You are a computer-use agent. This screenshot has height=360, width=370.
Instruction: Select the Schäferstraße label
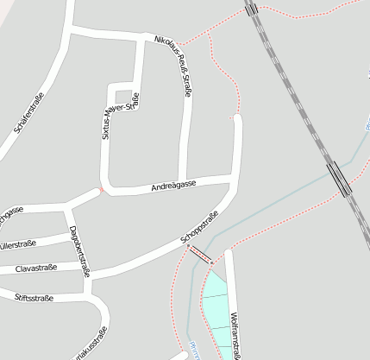29,120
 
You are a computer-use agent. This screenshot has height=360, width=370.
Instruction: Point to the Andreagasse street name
173,185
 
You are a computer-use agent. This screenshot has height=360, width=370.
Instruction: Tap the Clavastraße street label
36,268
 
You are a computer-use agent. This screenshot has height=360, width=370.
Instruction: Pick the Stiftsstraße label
34,298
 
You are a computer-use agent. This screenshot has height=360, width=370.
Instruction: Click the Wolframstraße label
235,337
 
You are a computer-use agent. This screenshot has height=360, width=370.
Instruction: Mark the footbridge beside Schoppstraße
199,255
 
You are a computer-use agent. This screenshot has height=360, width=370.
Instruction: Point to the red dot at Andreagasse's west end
102,190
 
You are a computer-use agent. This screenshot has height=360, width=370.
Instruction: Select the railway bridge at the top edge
251,8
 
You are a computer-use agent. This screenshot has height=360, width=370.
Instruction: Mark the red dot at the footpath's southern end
235,115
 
